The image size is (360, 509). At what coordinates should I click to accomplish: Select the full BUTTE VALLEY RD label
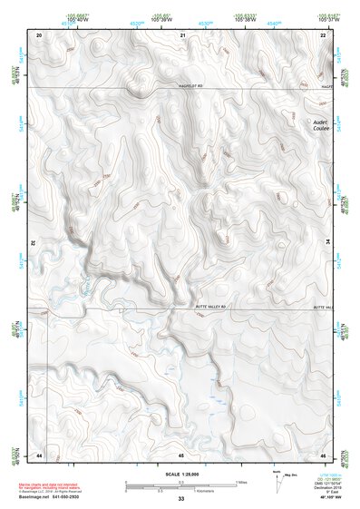pos(215,308)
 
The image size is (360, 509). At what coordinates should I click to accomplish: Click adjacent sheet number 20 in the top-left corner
pos(39,34)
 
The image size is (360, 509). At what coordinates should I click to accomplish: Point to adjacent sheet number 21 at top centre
pos(182,34)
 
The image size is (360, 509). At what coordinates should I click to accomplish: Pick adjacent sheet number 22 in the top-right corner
pos(324,34)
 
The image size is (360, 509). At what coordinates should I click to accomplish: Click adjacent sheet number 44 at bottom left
pos(39,454)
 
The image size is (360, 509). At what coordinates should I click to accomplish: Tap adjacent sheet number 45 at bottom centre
pos(181,454)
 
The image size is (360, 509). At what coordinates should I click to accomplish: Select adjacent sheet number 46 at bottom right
pos(324,454)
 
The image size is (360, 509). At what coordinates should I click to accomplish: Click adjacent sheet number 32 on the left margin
pos(32,243)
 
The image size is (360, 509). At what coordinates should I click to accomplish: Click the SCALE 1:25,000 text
pos(180,474)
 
